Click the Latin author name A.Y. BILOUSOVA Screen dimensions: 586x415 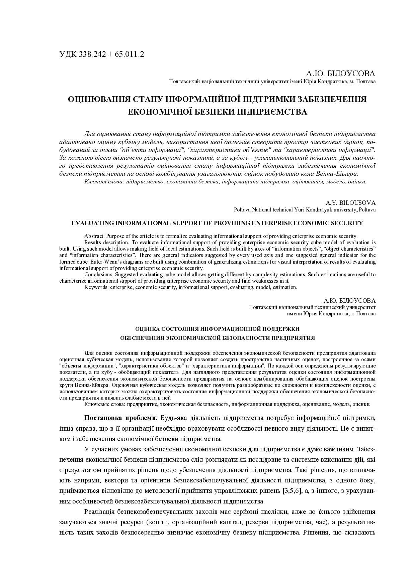tap(350, 203)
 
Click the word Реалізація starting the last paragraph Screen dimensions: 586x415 tap(100, 511)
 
